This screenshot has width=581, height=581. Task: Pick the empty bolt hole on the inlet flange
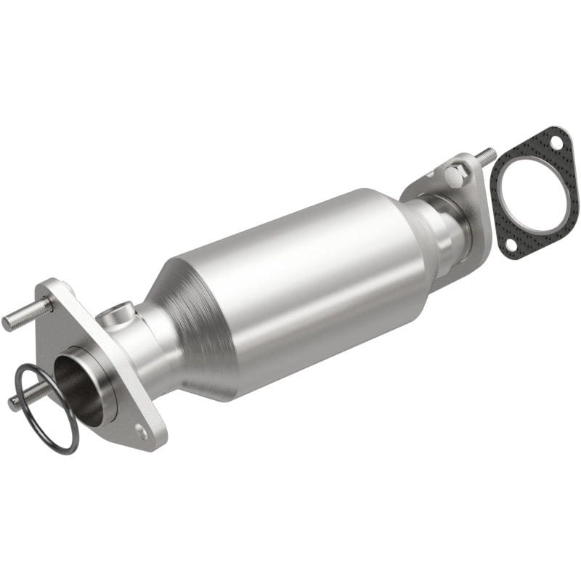point(141,433)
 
